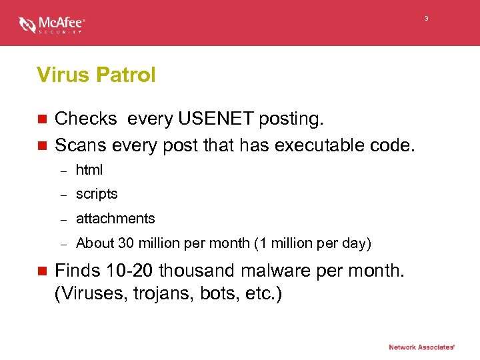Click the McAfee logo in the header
tap(52, 25)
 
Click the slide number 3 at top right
tap(427, 19)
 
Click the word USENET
tap(215, 119)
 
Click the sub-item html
tap(89, 170)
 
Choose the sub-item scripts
tap(97, 194)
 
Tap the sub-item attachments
tap(115, 219)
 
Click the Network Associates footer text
tap(422, 347)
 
